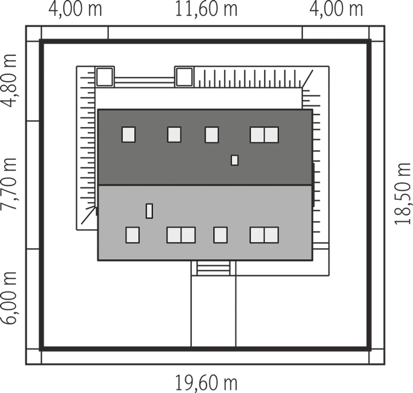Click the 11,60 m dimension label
pyautogui.click(x=206, y=9)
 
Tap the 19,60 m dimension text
pyautogui.click(x=206, y=383)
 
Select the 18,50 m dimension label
pyautogui.click(x=402, y=194)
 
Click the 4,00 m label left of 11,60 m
pyautogui.click(x=75, y=9)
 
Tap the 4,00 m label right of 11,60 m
pyautogui.click(x=336, y=9)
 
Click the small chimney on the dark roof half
pyautogui.click(x=235, y=160)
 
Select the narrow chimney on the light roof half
pyautogui.click(x=149, y=211)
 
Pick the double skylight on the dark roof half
pyautogui.click(x=264, y=135)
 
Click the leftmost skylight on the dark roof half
pyautogui.click(x=128, y=135)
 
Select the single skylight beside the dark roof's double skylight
pyautogui.click(x=212, y=135)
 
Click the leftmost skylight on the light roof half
pyautogui.click(x=132, y=235)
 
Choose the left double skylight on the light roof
pyautogui.click(x=181, y=235)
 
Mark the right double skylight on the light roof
pyautogui.click(x=264, y=235)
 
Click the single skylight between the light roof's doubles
pyautogui.click(x=220, y=235)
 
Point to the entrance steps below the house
pyautogui.click(x=213, y=268)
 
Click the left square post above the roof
pyautogui.click(x=105, y=77)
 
